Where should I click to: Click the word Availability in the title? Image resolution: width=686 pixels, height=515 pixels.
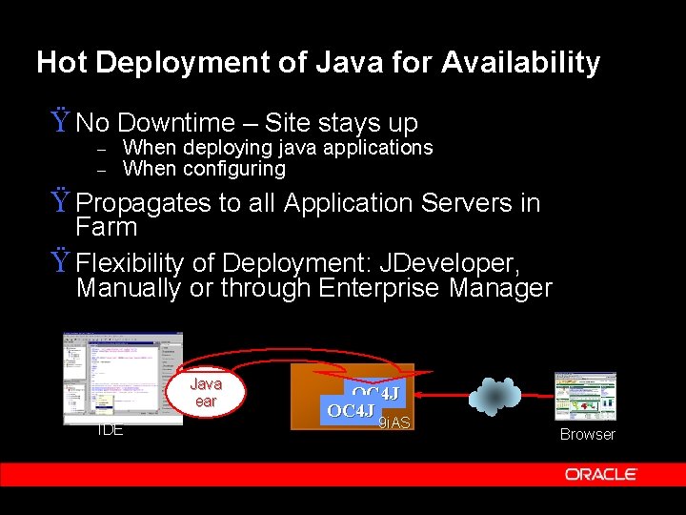[x=520, y=63]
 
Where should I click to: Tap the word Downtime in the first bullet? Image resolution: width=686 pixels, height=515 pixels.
[x=176, y=123]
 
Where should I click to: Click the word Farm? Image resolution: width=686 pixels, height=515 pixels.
[x=107, y=227]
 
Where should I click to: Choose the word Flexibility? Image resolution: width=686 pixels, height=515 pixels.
[x=135, y=262]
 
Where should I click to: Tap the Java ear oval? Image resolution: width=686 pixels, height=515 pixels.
[x=206, y=392]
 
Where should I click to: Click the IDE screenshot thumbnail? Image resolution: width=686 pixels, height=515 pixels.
[x=123, y=377]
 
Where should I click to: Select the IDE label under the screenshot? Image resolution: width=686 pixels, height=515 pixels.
[x=111, y=430]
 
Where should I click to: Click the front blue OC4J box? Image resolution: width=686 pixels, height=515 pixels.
[x=351, y=411]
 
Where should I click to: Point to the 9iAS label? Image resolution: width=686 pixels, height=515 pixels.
[x=393, y=422]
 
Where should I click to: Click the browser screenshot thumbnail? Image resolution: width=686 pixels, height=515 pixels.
[x=585, y=396]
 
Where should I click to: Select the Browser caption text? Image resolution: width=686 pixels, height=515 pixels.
[x=587, y=434]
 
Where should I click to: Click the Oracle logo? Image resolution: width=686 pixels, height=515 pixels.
[x=600, y=474]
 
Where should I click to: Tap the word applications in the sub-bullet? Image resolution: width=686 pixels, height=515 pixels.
[x=376, y=148]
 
